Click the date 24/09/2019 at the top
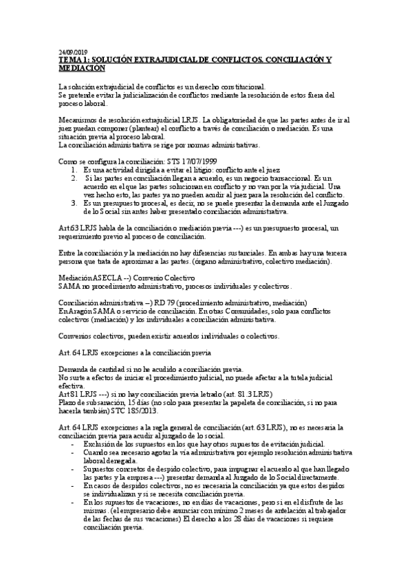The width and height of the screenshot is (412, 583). point(73,52)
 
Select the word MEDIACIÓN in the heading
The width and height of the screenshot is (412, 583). point(82,69)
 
